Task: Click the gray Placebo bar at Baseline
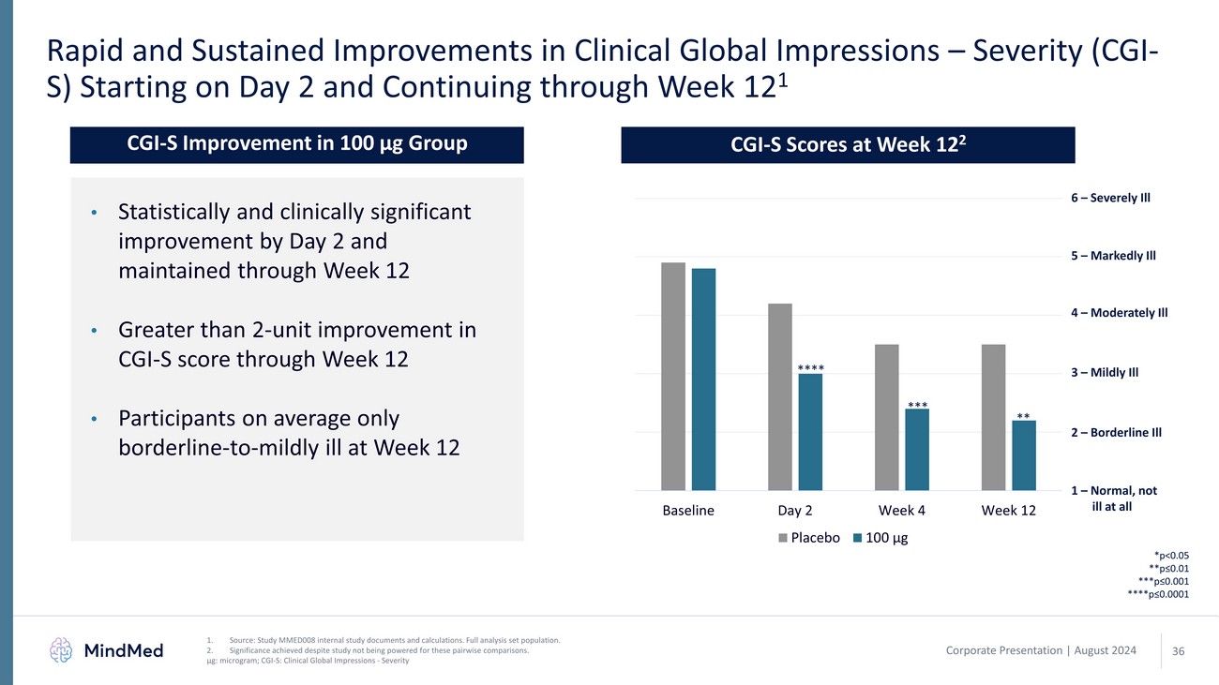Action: [x=673, y=376]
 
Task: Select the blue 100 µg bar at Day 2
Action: [x=810, y=432]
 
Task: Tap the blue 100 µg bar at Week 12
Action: [x=1024, y=455]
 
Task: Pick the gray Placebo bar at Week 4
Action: [x=886, y=417]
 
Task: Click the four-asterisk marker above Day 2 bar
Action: [x=810, y=367]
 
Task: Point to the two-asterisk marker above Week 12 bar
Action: [x=1023, y=415]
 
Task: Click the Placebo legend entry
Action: [x=808, y=538]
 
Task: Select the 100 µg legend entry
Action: [x=880, y=538]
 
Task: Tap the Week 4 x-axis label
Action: [x=901, y=511]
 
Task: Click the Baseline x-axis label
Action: [x=688, y=511]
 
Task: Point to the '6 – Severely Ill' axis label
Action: [x=1110, y=198]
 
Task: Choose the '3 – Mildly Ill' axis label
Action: [x=1105, y=372]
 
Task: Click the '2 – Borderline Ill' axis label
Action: [x=1116, y=433]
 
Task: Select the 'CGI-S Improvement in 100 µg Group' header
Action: [x=296, y=144]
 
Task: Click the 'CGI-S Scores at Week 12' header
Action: [x=848, y=146]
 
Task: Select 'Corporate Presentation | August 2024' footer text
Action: [x=1041, y=651]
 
